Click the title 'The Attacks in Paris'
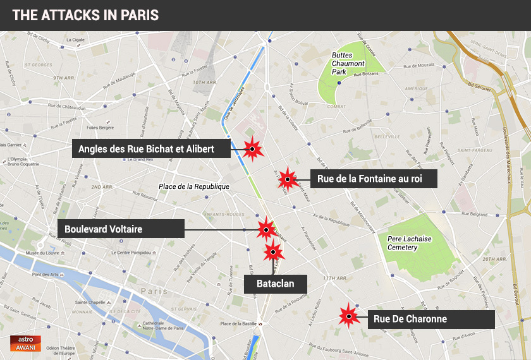[x=85, y=15]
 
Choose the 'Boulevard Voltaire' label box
[x=121, y=229]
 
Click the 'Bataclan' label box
[x=275, y=284]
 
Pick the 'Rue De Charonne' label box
[x=430, y=319]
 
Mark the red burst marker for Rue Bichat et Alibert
[x=252, y=149]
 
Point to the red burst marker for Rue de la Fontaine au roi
[x=288, y=179]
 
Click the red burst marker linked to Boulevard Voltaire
[x=265, y=229]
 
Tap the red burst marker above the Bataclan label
[x=273, y=251]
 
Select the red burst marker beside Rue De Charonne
[x=347, y=316]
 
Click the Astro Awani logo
[x=26, y=343]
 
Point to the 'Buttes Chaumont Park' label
[x=348, y=64]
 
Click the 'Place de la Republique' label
[x=193, y=187]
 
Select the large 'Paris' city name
[x=154, y=291]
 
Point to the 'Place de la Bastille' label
[x=238, y=324]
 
